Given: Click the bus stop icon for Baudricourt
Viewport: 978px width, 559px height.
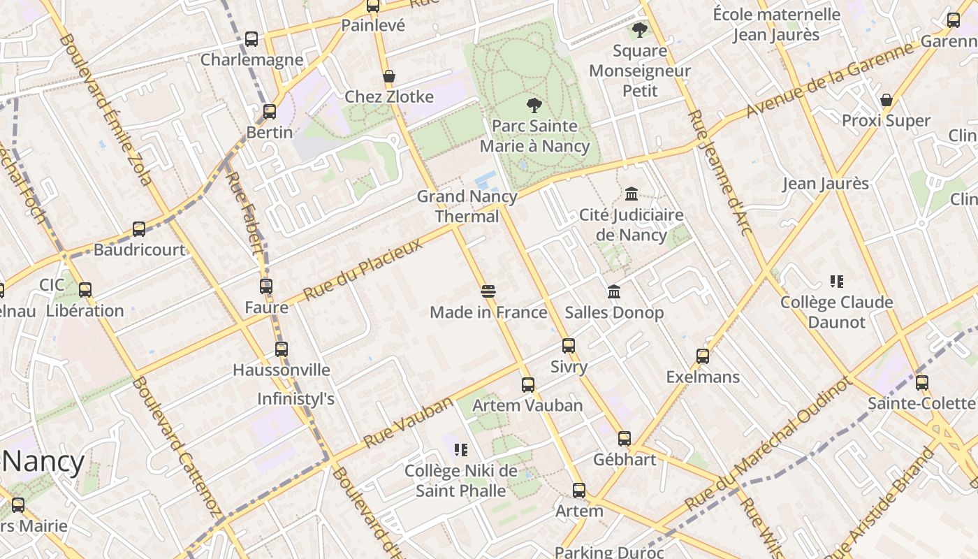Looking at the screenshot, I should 139,229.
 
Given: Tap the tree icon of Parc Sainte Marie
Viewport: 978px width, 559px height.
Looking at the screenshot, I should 534,106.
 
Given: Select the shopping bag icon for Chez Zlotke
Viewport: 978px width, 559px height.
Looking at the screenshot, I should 389,76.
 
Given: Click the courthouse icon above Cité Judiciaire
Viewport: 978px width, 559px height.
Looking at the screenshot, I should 632,194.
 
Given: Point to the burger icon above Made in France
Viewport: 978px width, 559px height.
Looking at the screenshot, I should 488,291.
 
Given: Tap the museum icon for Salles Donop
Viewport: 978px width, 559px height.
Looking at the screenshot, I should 614,291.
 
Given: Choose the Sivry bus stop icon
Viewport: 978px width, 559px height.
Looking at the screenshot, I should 569,346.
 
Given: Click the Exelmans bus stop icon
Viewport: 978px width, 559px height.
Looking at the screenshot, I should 703,356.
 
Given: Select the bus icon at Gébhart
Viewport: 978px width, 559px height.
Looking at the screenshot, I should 625,439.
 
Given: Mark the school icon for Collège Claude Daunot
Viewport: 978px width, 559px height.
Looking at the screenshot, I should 836,282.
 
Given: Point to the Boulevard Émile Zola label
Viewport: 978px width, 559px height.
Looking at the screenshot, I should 105,110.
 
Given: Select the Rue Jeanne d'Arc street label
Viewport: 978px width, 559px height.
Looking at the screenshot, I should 720,182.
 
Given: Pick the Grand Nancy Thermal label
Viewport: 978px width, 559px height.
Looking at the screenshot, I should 467,206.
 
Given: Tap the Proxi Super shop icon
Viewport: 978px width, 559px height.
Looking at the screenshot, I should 886,101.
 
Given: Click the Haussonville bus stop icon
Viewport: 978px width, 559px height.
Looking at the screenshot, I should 282,349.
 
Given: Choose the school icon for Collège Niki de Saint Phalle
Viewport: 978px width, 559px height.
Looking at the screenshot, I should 460,450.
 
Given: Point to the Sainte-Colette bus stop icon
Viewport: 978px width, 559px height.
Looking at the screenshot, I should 922,383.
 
